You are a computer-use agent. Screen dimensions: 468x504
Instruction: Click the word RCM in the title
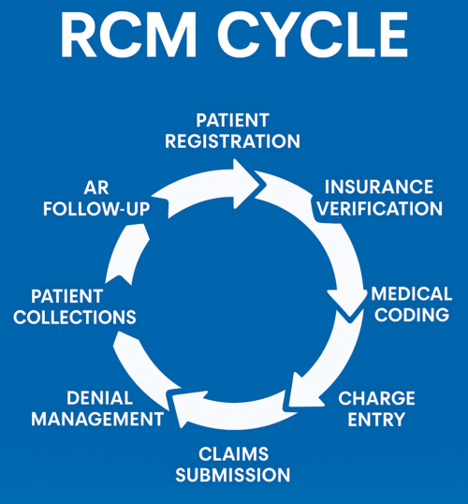click(128, 36)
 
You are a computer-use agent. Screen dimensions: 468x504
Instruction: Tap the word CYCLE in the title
click(313, 36)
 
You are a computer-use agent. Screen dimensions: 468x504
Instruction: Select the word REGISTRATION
click(232, 141)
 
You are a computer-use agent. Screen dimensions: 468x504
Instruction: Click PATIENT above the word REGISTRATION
click(232, 121)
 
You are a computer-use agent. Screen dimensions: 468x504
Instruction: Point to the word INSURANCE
click(379, 187)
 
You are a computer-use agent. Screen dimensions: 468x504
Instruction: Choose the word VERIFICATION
click(380, 209)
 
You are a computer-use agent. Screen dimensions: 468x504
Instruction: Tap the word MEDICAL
click(412, 294)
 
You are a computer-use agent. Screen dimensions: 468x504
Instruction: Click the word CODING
click(412, 315)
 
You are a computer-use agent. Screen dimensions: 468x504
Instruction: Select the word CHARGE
click(376, 398)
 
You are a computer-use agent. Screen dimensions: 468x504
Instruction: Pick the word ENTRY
click(376, 420)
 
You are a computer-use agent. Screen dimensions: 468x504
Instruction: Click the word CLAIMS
click(233, 454)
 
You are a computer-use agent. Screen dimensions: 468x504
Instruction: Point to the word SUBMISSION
click(233, 475)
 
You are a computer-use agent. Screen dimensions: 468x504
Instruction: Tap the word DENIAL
click(99, 398)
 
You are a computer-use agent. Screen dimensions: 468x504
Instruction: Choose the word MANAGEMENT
click(97, 419)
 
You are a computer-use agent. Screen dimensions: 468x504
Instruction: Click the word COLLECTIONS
click(75, 318)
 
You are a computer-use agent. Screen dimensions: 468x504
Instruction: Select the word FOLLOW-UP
click(96, 209)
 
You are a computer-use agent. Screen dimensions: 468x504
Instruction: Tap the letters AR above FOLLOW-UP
click(96, 188)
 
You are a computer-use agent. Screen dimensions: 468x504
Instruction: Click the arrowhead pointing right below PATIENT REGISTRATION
click(246, 184)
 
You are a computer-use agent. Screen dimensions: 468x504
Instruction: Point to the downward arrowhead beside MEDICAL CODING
click(347, 304)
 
